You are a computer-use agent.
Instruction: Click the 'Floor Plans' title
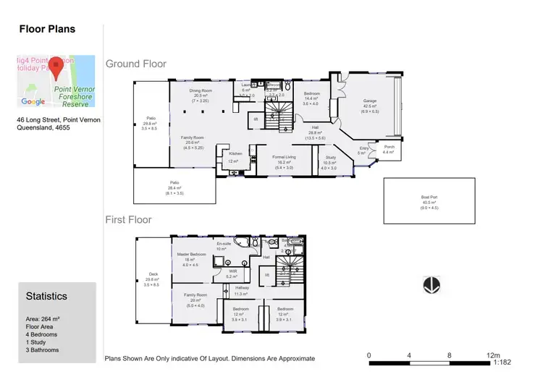tap(46, 30)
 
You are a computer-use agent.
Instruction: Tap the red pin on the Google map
tap(55, 64)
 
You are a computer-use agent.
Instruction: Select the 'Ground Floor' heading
tap(136, 64)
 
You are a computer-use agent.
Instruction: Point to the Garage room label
tap(370, 101)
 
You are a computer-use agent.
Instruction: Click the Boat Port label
tap(429, 197)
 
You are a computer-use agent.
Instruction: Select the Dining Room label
tap(200, 91)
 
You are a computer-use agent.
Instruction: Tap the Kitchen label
tap(235, 153)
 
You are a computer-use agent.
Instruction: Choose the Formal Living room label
tap(283, 157)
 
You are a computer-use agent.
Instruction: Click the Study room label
tap(330, 157)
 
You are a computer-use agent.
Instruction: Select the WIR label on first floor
tap(232, 271)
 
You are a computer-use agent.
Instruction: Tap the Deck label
tap(153, 274)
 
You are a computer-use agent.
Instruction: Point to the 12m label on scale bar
tap(493, 355)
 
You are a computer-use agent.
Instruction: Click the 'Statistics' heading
tap(46, 296)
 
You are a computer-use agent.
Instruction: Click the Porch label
tap(388, 148)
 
